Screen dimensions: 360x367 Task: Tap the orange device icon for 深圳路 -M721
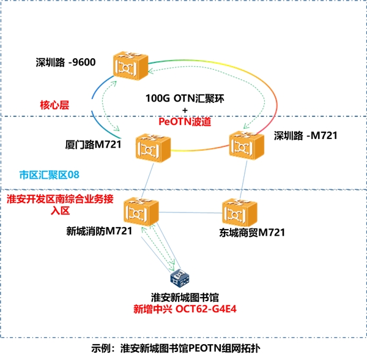pyautogui.click(x=247, y=145)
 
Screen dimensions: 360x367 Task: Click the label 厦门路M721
pyautogui.click(x=92, y=145)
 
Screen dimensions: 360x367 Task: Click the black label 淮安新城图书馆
pyautogui.click(x=185, y=297)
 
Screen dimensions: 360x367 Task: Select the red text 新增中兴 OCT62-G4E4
pyautogui.click(x=185, y=309)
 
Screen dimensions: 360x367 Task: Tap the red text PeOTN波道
pyautogui.click(x=185, y=122)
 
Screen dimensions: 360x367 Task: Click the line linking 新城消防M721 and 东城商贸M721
pyautogui.click(x=190, y=212)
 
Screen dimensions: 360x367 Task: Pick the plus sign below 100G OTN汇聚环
pyautogui.click(x=184, y=110)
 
